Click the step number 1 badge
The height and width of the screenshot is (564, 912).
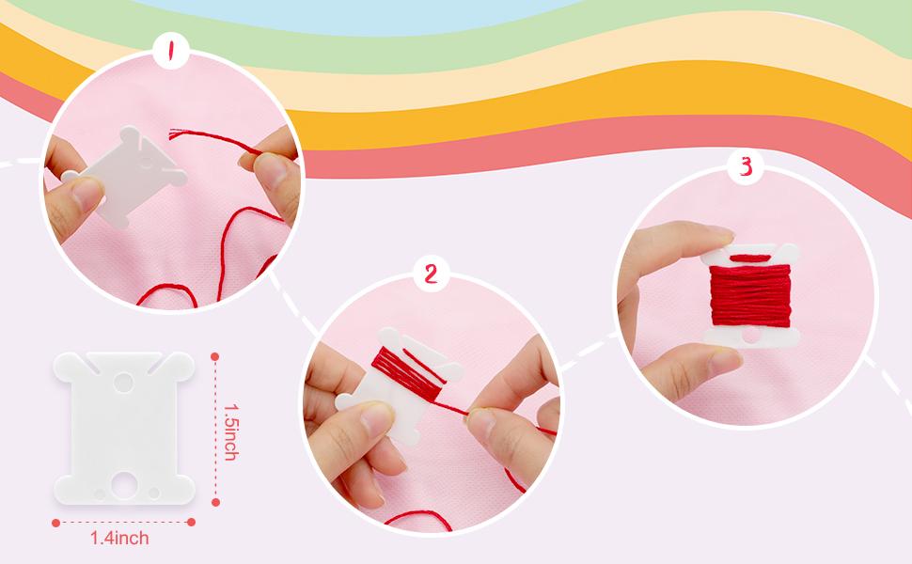click(170, 51)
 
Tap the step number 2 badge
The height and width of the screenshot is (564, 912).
click(431, 274)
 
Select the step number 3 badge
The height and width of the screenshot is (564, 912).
click(746, 167)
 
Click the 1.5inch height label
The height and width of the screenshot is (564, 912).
click(231, 431)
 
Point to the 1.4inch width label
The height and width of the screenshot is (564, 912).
click(119, 538)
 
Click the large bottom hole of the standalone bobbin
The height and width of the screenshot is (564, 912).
click(124, 485)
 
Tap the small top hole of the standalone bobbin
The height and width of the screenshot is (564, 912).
click(123, 382)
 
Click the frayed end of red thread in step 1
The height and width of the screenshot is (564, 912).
click(175, 134)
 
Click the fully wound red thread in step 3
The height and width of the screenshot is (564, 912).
click(750, 295)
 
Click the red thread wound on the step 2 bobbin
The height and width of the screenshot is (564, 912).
click(406, 374)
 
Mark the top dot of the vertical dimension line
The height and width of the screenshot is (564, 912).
click(215, 356)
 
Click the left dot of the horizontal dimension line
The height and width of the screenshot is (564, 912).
click(55, 523)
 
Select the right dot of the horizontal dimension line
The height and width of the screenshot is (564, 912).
click(192, 522)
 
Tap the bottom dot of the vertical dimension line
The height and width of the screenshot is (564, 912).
click(216, 502)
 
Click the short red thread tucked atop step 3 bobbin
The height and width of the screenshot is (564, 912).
click(749, 258)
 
